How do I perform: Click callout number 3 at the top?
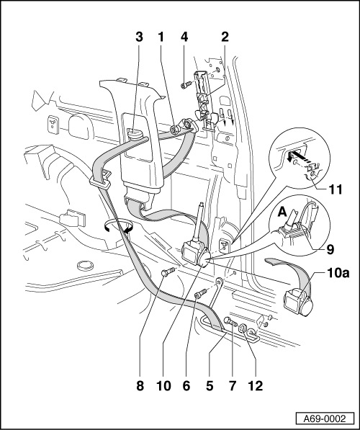coord(139,37)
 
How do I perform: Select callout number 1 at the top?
coord(161,37)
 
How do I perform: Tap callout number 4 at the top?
coord(184,37)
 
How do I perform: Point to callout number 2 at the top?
coord(225,37)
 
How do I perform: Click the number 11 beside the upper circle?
coord(336,189)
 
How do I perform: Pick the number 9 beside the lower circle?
coord(330,249)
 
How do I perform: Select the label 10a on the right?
coord(338,273)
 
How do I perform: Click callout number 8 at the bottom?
coord(140,386)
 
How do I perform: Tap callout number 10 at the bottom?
coord(163,386)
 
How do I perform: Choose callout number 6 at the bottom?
coord(186,386)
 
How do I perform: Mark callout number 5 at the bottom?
coord(210,386)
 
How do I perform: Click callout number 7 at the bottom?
coord(233,386)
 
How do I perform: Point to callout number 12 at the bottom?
coord(256,386)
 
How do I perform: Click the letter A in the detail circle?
coord(282,212)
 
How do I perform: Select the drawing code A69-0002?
coord(325,418)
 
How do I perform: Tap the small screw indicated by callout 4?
coord(186,85)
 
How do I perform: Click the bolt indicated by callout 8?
coord(168,272)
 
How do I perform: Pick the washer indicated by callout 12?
coord(243,328)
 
